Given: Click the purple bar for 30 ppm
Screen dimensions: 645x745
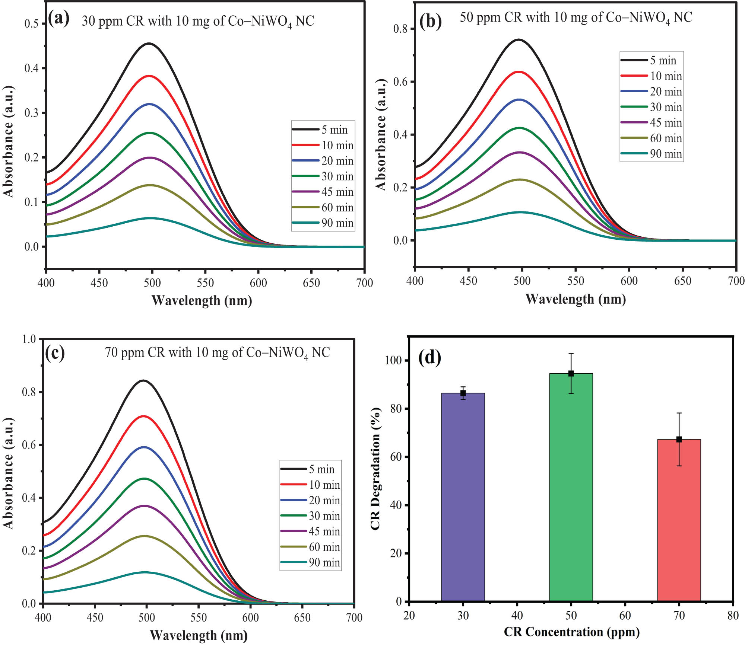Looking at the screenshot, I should pyautogui.click(x=463, y=499).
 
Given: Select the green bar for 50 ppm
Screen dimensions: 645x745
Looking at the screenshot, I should pyautogui.click(x=571, y=488).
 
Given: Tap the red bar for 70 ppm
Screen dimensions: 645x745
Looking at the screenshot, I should pyautogui.click(x=679, y=521).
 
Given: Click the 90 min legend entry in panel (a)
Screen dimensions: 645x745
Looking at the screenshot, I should pyautogui.click(x=323, y=223).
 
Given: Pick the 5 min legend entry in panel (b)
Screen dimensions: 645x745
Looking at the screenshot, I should pyautogui.click(x=651, y=60).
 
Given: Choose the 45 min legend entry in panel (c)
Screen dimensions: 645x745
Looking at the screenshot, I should pyautogui.click(x=310, y=531).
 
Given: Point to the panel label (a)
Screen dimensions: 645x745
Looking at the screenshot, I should pyautogui.click(x=58, y=19).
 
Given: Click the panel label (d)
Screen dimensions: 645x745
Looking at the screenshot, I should pyautogui.click(x=429, y=358).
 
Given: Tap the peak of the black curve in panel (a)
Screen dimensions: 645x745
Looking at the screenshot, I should pyautogui.click(x=149, y=44).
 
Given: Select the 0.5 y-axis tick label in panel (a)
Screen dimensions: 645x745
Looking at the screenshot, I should pyautogui.click(x=31, y=24).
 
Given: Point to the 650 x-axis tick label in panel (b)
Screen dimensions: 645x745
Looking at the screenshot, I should pyautogui.click(x=682, y=281).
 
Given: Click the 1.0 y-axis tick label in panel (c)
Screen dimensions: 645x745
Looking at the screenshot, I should pyautogui.click(x=29, y=339).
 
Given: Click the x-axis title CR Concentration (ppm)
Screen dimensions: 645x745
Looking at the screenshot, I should pyautogui.click(x=571, y=632).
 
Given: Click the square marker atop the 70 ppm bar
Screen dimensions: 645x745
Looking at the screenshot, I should pyautogui.click(x=679, y=440).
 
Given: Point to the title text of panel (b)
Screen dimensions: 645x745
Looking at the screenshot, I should pyautogui.click(x=576, y=18).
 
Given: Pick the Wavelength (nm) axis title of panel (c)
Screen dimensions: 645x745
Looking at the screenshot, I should pyautogui.click(x=199, y=635).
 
